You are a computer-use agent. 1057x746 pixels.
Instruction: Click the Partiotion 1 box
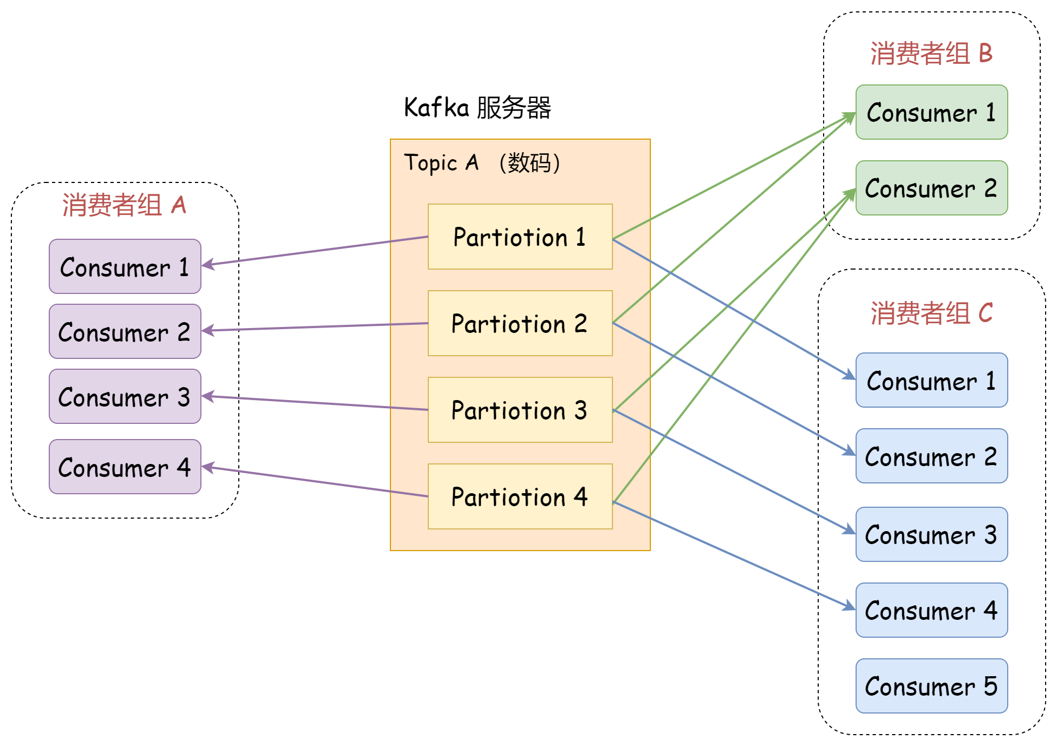coord(520,237)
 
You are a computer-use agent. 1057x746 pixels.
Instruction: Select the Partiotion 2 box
coord(520,323)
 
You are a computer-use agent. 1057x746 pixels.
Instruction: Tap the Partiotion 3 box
coord(520,410)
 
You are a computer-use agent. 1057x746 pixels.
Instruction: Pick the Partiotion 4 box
coord(520,496)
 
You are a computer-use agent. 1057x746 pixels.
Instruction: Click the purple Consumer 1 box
coord(125,266)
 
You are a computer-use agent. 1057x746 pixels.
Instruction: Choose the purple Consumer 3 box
coord(125,396)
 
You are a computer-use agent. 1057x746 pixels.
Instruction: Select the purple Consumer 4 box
coord(125,467)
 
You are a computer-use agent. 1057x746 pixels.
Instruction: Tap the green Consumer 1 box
coord(931,112)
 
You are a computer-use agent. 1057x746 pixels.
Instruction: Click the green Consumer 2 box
coord(931,188)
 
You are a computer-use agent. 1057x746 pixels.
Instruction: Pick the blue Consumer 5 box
coord(931,686)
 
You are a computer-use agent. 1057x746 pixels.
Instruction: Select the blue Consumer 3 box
coord(931,534)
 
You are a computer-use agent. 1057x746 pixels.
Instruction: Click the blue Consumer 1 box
coord(931,380)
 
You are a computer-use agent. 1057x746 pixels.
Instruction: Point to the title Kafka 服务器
coord(477,107)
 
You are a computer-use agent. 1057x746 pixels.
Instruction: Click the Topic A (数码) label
coord(482,162)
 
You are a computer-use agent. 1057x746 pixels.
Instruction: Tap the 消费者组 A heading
coord(125,205)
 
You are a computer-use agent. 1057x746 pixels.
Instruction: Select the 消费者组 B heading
coord(931,53)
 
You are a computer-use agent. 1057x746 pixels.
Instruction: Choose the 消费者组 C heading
coord(931,313)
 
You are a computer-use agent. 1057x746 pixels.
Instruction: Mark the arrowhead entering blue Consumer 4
coord(849,607)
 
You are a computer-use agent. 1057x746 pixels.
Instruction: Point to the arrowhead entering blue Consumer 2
coord(849,452)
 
